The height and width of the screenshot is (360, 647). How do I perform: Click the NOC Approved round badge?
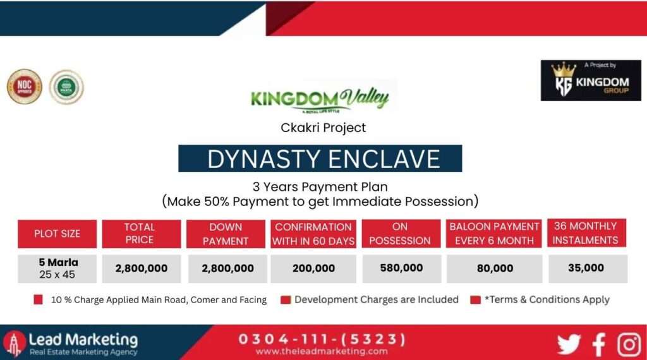24,87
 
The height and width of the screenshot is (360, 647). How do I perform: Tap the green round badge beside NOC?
66,87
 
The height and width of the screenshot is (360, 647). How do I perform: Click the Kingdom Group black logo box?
591,80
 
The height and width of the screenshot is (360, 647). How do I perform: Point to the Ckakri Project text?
323,128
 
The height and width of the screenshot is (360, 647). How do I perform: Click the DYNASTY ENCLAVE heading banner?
320,159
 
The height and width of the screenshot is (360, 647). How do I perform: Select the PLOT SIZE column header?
57,234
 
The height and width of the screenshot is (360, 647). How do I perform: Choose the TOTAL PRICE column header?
140,234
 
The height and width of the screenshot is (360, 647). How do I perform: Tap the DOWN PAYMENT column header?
226,234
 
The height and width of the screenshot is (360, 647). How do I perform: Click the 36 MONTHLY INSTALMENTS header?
586,233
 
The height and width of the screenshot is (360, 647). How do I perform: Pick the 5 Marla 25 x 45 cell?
57,268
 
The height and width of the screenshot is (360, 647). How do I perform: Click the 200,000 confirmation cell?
313,268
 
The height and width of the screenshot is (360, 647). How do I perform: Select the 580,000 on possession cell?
401,268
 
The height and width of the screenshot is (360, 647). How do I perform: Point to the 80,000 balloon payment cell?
494,268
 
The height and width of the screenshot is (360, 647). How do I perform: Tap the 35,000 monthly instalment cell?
586,268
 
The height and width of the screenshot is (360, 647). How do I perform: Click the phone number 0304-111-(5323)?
322,339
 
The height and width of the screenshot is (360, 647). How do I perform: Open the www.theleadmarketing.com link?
322,351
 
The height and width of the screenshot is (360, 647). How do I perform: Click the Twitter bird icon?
568,345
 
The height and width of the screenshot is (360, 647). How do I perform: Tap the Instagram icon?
629,345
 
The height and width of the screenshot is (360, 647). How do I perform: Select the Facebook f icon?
598,345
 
